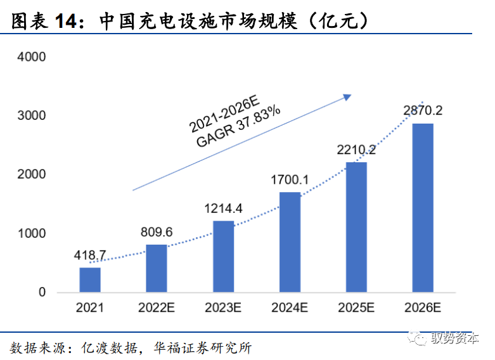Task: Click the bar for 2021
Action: [90, 280]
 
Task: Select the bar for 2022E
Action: [157, 268]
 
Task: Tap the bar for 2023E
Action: [223, 256]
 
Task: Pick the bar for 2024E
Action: [290, 242]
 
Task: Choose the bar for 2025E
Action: [356, 227]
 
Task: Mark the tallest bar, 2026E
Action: [423, 208]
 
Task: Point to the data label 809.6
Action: [157, 232]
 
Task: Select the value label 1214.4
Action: [223, 209]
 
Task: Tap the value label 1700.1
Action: [290, 180]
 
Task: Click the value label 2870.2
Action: [423, 111]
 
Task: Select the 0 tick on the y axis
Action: [42, 293]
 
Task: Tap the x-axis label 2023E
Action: [223, 309]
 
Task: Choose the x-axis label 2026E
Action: [423, 309]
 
